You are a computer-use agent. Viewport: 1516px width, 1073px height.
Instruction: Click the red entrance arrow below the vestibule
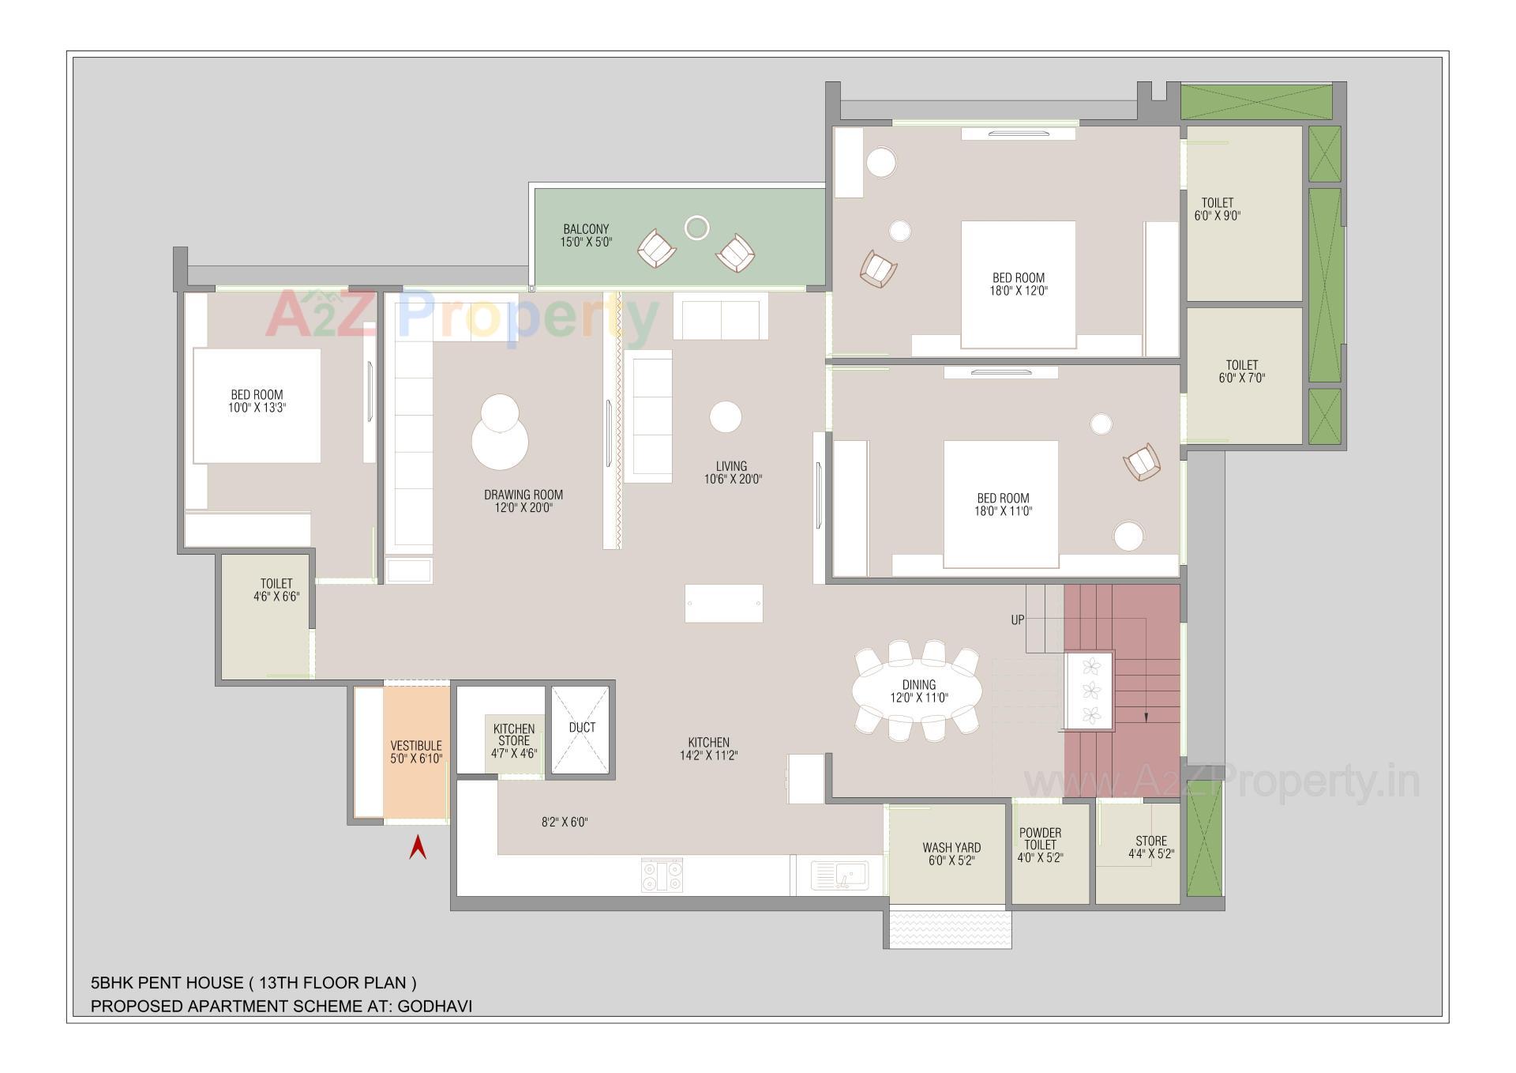[x=418, y=849]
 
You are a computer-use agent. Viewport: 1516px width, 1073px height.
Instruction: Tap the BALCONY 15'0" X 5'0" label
[x=586, y=235]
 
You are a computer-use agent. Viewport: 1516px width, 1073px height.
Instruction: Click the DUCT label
[x=582, y=727]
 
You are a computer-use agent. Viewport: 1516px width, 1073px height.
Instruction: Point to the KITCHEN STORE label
[x=514, y=740]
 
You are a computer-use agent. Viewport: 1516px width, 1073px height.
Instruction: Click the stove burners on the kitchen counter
[x=662, y=875]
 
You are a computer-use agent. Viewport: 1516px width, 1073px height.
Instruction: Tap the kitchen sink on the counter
[x=840, y=875]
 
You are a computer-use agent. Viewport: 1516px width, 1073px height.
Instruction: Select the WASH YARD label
[x=951, y=853]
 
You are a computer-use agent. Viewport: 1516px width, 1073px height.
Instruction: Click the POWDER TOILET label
[x=1040, y=845]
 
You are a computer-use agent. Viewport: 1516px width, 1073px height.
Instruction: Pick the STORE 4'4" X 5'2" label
[x=1150, y=847]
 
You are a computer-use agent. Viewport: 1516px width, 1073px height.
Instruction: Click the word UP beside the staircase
[x=1018, y=620]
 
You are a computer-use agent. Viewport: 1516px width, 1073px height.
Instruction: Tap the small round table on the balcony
[x=696, y=228]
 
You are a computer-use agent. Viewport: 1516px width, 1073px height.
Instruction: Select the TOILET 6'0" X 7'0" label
[x=1241, y=371]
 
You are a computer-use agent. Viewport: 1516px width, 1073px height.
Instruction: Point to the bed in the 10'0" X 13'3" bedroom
[x=257, y=405]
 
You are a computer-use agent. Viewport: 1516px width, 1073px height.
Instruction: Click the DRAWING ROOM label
[x=523, y=501]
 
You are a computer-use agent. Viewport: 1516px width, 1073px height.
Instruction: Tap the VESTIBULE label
[x=416, y=751]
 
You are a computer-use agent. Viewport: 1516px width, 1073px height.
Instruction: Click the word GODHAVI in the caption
[x=434, y=1006]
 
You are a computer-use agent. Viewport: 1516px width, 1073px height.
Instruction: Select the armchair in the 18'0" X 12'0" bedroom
[x=878, y=269]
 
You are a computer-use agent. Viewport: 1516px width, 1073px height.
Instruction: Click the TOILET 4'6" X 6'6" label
[x=276, y=590]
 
